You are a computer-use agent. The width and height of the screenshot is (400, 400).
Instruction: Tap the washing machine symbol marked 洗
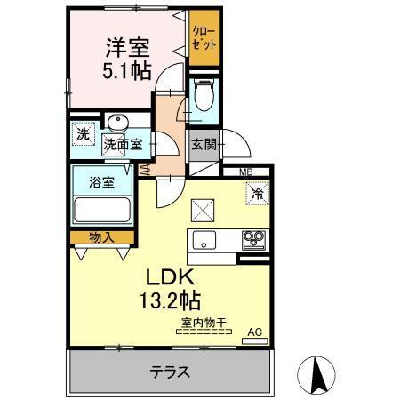(x=83, y=136)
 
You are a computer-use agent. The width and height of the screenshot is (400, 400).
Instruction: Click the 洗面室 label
(x=123, y=145)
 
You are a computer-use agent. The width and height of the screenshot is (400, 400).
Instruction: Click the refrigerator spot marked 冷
(x=257, y=190)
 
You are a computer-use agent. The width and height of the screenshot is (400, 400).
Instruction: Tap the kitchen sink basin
(x=203, y=240)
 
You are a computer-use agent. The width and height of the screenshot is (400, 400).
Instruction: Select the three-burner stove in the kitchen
(x=254, y=239)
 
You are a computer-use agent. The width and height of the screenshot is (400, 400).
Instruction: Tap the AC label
(x=254, y=332)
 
